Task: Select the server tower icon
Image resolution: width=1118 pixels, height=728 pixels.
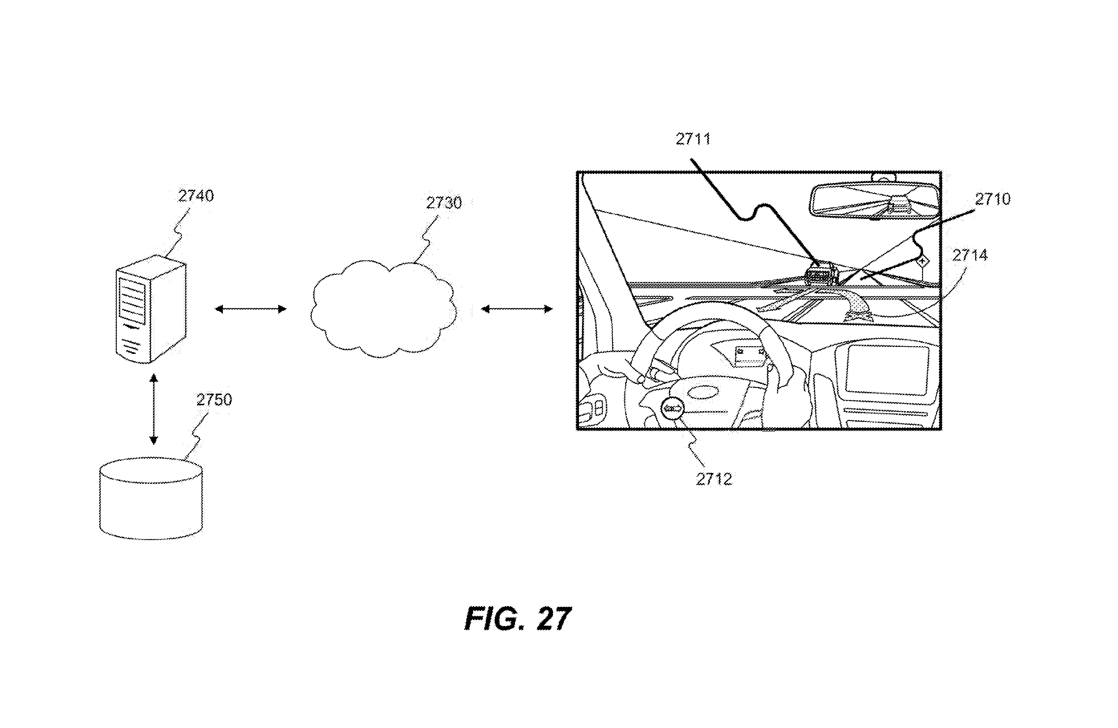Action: click(151, 310)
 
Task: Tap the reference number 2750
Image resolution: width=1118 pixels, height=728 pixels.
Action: click(214, 400)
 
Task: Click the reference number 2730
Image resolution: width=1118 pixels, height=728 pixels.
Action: click(444, 203)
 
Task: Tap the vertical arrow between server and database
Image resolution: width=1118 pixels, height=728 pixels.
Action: click(153, 409)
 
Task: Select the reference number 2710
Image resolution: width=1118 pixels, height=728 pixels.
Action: click(993, 199)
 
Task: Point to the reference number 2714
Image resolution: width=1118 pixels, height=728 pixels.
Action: click(970, 255)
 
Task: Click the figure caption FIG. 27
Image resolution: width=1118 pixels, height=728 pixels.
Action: click(518, 619)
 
